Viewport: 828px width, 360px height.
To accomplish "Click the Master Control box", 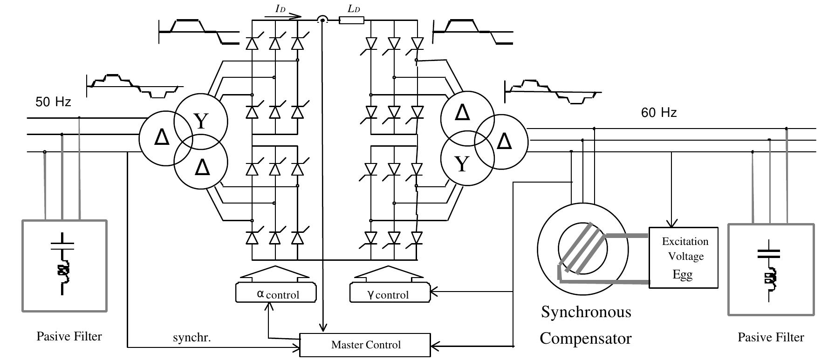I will click(365, 345).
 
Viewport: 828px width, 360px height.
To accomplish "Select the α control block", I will click(276, 293).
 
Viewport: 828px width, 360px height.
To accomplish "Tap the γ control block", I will click(390, 293).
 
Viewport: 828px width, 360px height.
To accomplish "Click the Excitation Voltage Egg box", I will click(683, 258).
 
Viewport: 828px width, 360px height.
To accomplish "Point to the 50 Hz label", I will click(54, 102).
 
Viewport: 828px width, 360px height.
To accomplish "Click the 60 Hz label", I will click(659, 113).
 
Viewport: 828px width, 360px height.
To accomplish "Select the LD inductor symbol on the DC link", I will click(351, 20).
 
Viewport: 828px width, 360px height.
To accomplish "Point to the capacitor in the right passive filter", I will click(768, 254).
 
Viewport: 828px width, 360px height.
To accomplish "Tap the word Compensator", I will click(585, 338).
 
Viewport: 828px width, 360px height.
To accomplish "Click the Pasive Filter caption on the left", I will click(69, 336).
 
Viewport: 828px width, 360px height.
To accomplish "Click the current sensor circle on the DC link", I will click(322, 20).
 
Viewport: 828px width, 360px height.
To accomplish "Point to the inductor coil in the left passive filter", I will click(62, 272).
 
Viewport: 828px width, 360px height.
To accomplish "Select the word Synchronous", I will click(586, 312).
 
